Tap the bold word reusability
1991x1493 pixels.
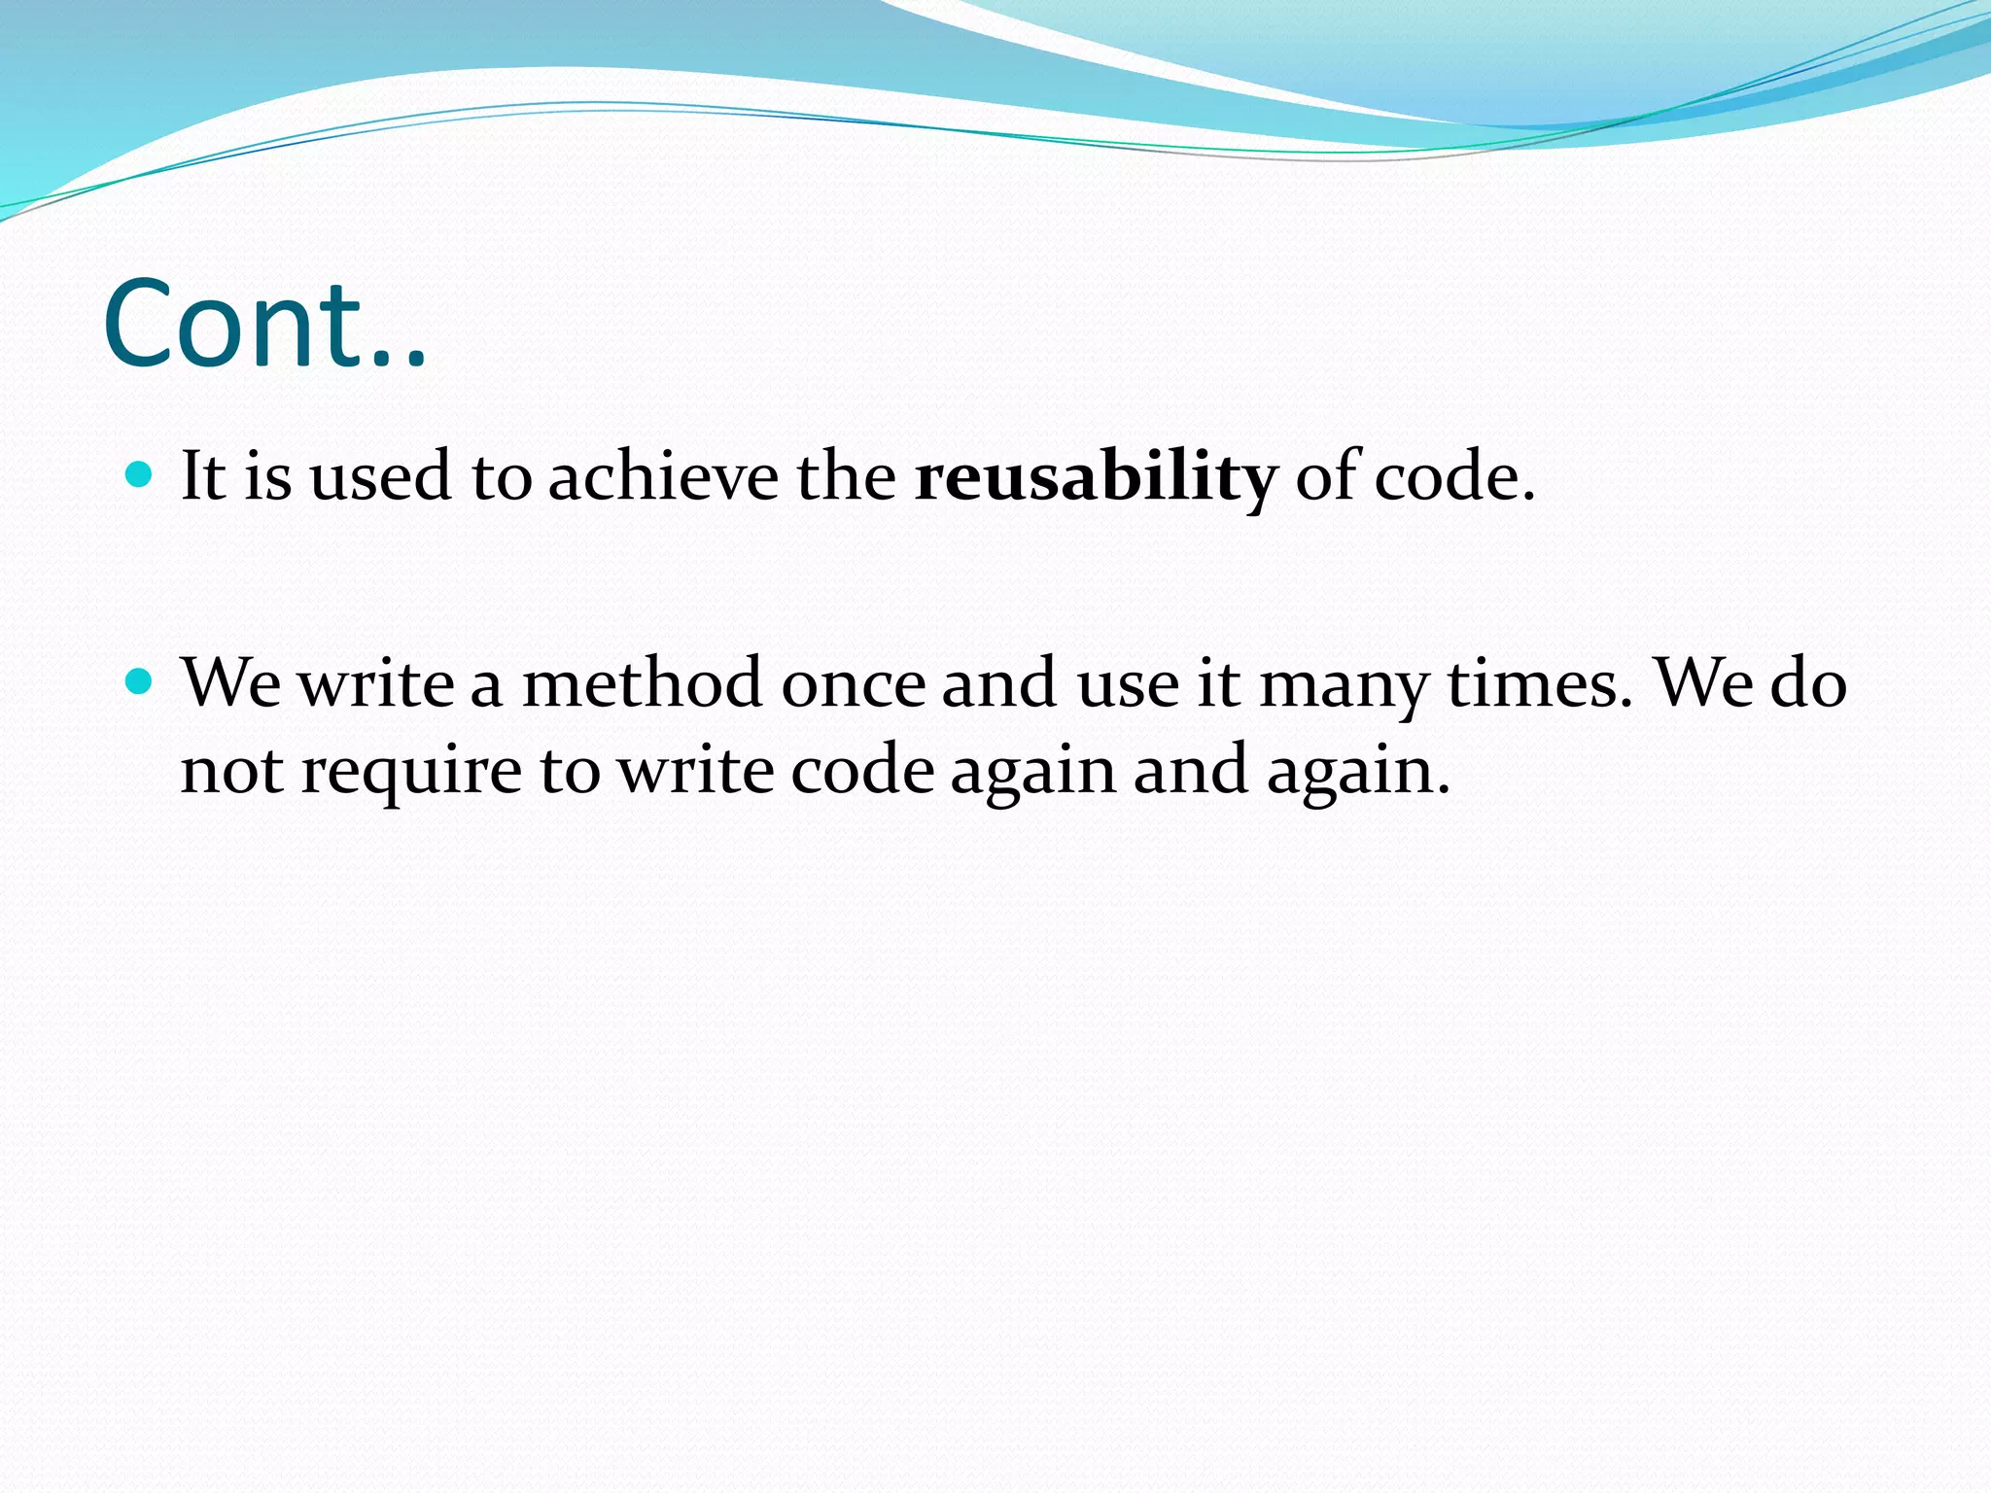pyautogui.click(x=1095, y=478)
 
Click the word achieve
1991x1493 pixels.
pyautogui.click(x=663, y=478)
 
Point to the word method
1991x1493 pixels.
pyautogui.click(x=642, y=683)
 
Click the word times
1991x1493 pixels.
pyautogui.click(x=1540, y=683)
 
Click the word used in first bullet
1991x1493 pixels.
pyautogui.click(x=380, y=478)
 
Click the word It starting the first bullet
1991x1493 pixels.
pyautogui.click(x=203, y=478)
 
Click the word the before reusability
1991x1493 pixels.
pyautogui.click(x=846, y=478)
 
